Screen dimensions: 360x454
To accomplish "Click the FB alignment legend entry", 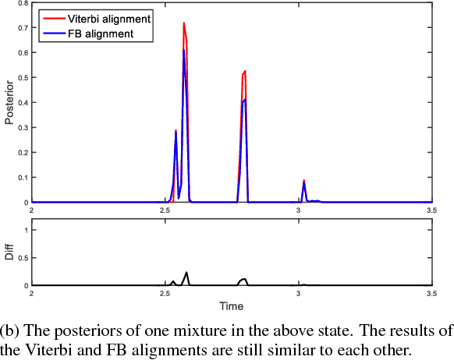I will click(x=92, y=34).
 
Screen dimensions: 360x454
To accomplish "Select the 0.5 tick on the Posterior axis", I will click(x=23, y=78).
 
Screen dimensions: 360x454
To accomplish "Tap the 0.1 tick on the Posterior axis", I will click(x=23, y=178).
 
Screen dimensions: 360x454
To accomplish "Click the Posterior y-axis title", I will click(x=9, y=103).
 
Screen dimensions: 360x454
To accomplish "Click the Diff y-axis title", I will click(x=9, y=253).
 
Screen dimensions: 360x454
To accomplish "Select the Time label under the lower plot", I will click(x=231, y=305).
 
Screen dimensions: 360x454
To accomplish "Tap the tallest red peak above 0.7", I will click(x=184, y=24).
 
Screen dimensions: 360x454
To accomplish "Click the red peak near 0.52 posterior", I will click(x=245, y=72).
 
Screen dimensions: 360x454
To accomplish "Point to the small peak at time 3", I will click(x=304, y=182).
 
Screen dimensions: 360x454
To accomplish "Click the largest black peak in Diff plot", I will click(x=186, y=273).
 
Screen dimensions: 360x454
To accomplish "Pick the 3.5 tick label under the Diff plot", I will click(x=431, y=294).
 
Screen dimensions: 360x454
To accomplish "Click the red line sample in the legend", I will click(x=52, y=16).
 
